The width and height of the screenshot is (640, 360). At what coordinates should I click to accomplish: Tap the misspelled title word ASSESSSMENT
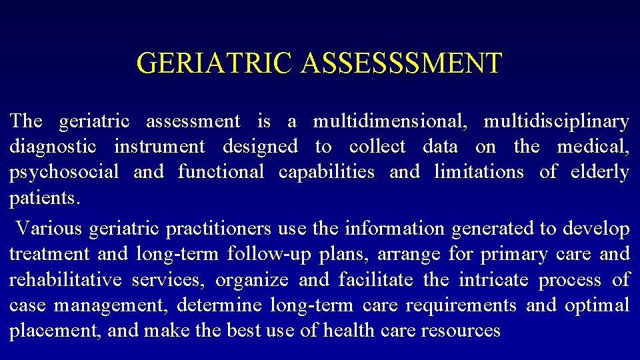401,63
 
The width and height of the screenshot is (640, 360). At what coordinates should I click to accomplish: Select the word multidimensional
391,121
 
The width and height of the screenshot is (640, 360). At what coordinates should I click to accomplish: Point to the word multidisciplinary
556,121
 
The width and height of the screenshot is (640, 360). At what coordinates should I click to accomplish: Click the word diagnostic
53,146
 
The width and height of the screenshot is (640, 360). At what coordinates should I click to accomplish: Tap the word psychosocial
64,172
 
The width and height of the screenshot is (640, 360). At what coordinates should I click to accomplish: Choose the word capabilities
327,172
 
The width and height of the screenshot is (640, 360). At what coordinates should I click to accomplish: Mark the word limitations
479,172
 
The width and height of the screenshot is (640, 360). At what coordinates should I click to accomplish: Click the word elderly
600,172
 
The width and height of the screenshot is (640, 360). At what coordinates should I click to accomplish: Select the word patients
44,198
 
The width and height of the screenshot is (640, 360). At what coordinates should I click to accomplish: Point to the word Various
49,229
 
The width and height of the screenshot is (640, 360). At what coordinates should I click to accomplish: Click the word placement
53,331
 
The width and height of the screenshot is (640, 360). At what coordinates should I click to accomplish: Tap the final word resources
459,331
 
